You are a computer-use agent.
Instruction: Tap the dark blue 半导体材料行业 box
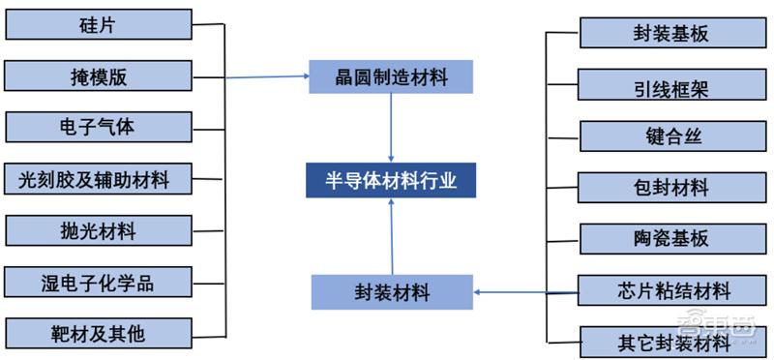click(x=392, y=180)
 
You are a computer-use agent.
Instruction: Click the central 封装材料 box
click(x=392, y=290)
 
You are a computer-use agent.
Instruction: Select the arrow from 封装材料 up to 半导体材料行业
click(x=391, y=237)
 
